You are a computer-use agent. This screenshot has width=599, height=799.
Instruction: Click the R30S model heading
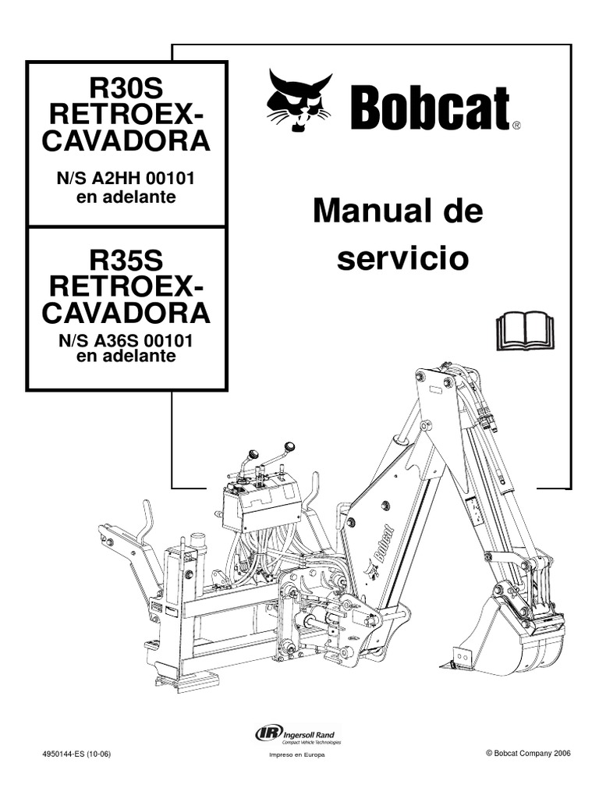pyautogui.click(x=128, y=88)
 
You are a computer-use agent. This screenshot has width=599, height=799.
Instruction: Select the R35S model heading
pyautogui.click(x=128, y=257)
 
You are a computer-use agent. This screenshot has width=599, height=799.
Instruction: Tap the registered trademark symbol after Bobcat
pyautogui.click(x=516, y=124)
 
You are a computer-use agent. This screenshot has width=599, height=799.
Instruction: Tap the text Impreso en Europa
pyautogui.click(x=296, y=755)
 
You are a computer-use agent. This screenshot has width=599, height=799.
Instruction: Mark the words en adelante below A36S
pyautogui.click(x=128, y=357)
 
